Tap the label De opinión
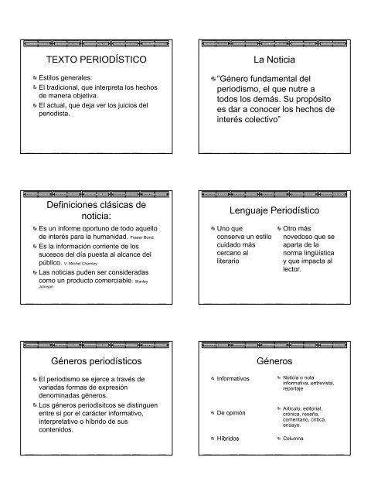point(232,413)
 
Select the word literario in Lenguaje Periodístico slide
point(232,263)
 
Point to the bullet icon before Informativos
point(213,379)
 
